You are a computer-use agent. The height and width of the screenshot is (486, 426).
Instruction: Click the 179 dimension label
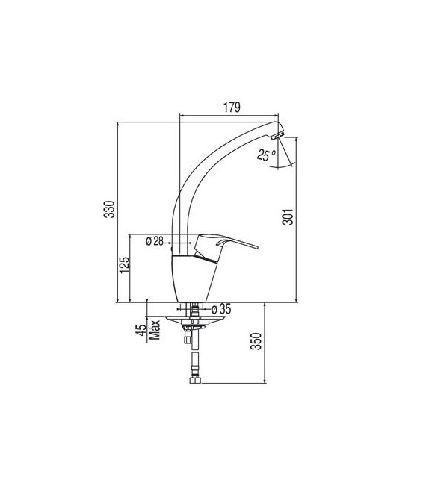[232, 107]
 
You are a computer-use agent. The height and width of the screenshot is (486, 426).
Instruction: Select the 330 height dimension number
[109, 209]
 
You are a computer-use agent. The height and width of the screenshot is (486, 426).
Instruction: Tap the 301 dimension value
[288, 216]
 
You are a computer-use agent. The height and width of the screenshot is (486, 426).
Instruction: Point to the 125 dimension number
[124, 265]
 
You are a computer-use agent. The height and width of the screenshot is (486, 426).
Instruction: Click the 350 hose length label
[256, 341]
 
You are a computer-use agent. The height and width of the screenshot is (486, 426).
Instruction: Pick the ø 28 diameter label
[154, 241]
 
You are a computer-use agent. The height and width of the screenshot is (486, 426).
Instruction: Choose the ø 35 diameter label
[221, 309]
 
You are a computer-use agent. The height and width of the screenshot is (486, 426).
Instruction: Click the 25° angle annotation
[266, 155]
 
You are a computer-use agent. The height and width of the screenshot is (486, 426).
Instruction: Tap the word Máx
[154, 329]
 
